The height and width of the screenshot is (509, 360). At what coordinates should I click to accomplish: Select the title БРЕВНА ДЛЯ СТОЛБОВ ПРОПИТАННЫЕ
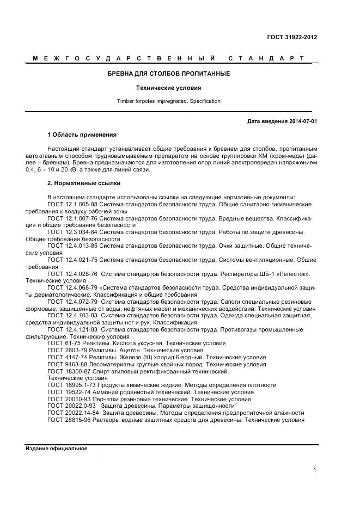pyautogui.click(x=168, y=73)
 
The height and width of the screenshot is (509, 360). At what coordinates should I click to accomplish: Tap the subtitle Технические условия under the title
pyautogui.click(x=168, y=87)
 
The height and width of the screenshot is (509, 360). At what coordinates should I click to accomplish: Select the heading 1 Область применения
pyautogui.click(x=82, y=134)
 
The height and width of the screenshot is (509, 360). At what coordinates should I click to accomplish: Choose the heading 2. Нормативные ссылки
pyautogui.click(x=84, y=183)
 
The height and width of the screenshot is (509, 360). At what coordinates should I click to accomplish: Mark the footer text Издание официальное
pyautogui.click(x=56, y=449)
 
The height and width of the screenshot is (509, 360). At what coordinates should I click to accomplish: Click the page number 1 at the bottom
pyautogui.click(x=315, y=470)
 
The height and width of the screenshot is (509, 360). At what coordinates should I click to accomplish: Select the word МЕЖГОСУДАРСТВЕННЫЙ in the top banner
pyautogui.click(x=123, y=58)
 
